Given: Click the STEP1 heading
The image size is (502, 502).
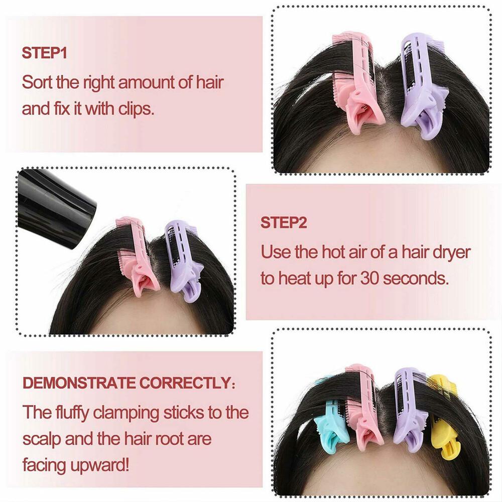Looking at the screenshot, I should pos(44,53).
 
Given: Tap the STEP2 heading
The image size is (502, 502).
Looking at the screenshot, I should pos(283,222).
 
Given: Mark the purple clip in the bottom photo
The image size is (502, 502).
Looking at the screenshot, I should pos(409,407).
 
